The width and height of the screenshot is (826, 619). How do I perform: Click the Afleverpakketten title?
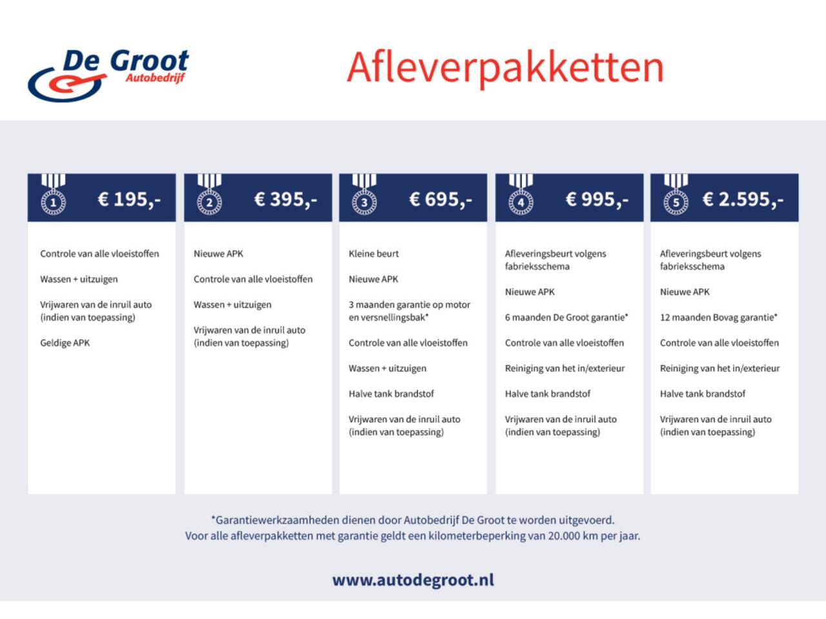click(505, 66)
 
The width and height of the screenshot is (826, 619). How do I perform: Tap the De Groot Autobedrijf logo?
click(108, 75)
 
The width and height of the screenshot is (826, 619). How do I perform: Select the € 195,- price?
click(129, 199)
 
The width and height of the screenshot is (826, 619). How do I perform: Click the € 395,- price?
click(285, 199)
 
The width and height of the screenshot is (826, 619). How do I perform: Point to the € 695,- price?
click(441, 199)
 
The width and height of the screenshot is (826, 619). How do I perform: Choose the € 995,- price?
click(597, 199)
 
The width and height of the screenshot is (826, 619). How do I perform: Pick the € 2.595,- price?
click(743, 199)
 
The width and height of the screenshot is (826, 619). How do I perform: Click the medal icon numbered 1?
click(54, 197)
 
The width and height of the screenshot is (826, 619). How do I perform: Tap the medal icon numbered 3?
click(364, 197)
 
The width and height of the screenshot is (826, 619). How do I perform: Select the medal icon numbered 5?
click(676, 197)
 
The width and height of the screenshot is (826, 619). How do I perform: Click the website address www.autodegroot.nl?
click(413, 580)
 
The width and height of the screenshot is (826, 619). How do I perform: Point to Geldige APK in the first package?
click(65, 343)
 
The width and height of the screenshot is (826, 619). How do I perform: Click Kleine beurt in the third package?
click(374, 254)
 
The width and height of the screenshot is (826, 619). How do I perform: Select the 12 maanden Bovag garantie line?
click(718, 317)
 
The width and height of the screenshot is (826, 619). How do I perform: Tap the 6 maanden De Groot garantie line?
click(567, 317)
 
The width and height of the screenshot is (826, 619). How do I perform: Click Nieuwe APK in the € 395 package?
click(219, 254)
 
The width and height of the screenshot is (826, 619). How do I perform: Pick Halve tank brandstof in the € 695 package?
click(391, 394)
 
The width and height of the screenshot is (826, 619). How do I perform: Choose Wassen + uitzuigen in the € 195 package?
click(79, 279)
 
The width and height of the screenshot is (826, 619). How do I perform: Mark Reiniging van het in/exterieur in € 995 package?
click(565, 368)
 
